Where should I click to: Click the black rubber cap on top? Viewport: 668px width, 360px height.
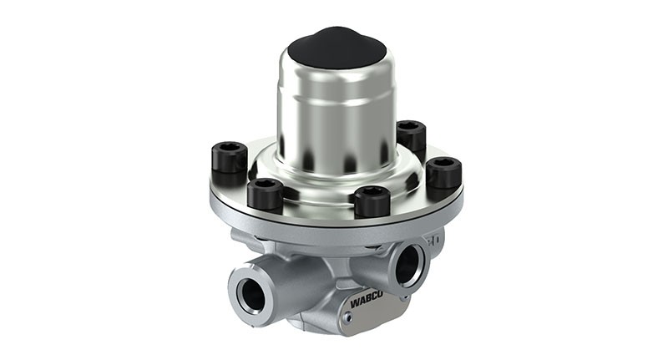[x=337, y=48]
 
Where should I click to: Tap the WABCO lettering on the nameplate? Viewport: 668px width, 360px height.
[x=367, y=300]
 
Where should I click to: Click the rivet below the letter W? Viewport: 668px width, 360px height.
[x=349, y=317]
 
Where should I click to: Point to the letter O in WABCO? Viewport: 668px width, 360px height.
[x=379, y=294]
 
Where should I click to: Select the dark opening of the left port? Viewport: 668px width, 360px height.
[x=254, y=296]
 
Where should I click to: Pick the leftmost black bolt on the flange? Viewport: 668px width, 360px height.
[x=229, y=162]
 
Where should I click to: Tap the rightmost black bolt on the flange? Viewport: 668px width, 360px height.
[x=444, y=173]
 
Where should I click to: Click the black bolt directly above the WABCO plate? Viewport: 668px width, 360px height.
[x=372, y=201]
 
